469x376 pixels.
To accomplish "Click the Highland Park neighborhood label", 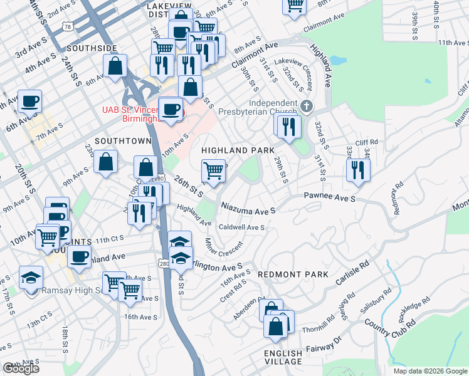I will pyautogui.click(x=238, y=150).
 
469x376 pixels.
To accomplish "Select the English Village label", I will pyautogui.click(x=283, y=358).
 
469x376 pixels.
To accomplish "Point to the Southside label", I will pyautogui.click(x=92, y=48).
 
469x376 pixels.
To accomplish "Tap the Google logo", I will pyautogui.click(x=20, y=368).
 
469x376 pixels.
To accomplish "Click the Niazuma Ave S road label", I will pyautogui.click(x=248, y=207).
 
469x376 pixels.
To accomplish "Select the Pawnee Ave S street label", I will pyautogui.click(x=330, y=198).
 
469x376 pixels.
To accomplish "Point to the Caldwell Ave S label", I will pyautogui.click(x=241, y=227).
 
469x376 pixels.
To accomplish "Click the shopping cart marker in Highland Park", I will pyautogui.click(x=214, y=170).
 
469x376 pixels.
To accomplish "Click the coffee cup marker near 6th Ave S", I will pyautogui.click(x=29, y=100).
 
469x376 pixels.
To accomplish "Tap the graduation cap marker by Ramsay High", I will pyautogui.click(x=31, y=276).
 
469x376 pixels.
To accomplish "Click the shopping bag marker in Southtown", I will pyautogui.click(x=106, y=161).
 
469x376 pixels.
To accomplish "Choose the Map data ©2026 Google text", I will pyautogui.click(x=430, y=371).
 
